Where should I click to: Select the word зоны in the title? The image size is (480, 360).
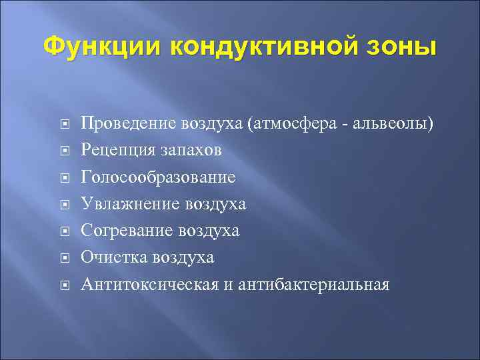(407, 47)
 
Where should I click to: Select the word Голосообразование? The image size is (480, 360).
(158, 177)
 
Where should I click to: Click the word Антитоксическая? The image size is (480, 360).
(150, 285)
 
